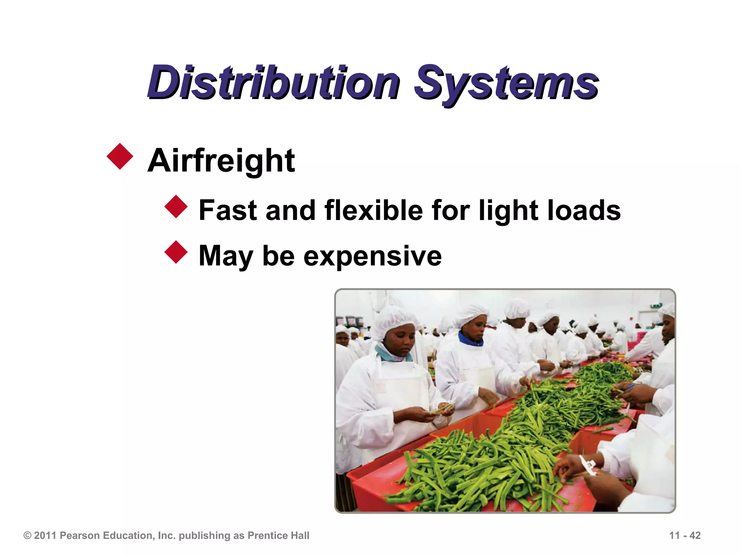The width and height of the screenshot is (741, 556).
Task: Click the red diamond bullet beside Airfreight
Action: coord(120,156)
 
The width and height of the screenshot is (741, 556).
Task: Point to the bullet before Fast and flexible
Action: coord(176,207)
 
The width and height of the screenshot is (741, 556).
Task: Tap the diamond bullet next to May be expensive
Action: coord(176,252)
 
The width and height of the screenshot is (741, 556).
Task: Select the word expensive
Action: coord(372,256)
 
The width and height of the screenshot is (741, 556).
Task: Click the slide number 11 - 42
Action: coord(685,535)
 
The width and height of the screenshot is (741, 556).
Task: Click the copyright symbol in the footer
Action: coord(27,535)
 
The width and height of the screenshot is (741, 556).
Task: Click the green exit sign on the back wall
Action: coord(655,306)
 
